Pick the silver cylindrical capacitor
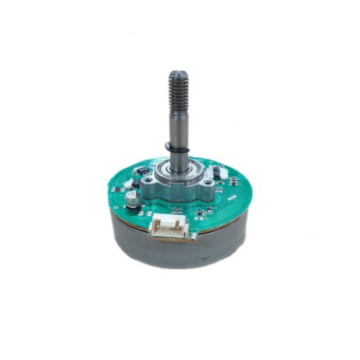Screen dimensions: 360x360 click(x=132, y=198)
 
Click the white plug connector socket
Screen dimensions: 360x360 click(x=170, y=226)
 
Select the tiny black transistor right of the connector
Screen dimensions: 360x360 click(x=205, y=211)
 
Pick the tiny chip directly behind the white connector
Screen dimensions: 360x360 click(x=175, y=210)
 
